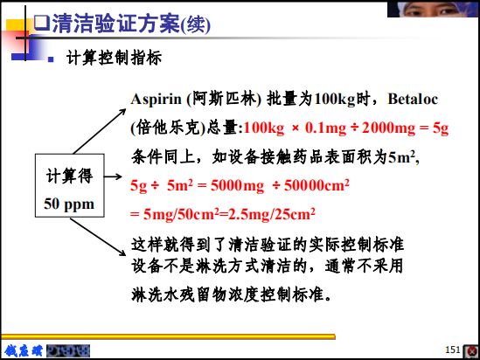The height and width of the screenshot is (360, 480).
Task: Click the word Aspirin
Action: [157, 100]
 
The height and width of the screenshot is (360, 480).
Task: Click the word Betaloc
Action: [413, 99]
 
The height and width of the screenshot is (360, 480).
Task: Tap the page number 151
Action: [452, 350]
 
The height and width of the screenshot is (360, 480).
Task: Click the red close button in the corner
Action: [471, 351]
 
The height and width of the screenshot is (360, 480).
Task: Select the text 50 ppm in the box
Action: [69, 204]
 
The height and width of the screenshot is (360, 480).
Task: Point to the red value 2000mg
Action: [388, 128]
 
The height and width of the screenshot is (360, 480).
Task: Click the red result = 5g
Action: [434, 128]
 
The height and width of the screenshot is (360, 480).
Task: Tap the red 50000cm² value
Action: [317, 185]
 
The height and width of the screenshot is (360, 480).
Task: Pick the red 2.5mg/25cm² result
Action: [272, 214]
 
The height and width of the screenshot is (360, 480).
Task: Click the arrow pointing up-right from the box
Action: [100, 132]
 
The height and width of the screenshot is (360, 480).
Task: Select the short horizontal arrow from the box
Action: [113, 177]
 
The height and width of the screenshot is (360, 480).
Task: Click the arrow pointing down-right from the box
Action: [98, 237]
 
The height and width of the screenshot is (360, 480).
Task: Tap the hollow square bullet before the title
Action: [41, 23]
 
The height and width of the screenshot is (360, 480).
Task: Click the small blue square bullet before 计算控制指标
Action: [51, 59]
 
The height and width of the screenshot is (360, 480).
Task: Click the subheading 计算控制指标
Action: [114, 58]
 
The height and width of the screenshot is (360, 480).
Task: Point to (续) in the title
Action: [195, 24]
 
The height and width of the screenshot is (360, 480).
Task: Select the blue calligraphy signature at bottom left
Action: [24, 350]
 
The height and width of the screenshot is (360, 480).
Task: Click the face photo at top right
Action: [433, 9]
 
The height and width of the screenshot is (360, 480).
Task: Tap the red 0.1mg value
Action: [326, 128]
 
